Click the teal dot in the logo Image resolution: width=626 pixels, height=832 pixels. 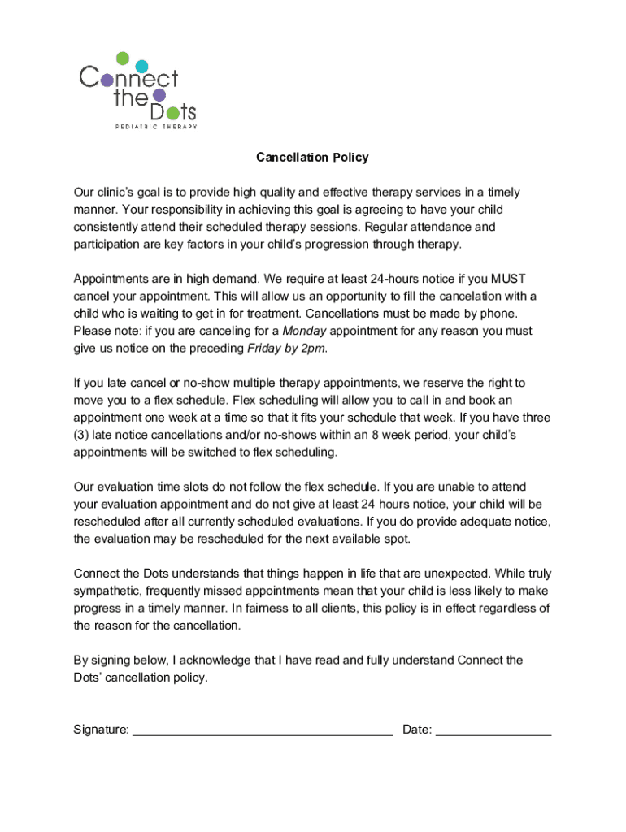tap(141, 66)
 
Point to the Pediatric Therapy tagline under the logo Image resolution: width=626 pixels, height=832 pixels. tap(154, 126)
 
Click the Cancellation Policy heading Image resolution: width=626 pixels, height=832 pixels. tap(312, 157)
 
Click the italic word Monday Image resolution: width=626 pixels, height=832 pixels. tap(304, 331)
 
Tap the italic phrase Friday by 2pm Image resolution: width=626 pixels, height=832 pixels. tap(286, 349)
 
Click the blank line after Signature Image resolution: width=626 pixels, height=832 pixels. tap(262, 730)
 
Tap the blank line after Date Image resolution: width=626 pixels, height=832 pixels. tap(493, 730)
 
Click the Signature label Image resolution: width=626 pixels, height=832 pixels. tap(101, 730)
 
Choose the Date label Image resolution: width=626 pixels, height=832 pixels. tap(417, 730)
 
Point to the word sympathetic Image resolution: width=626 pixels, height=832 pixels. tap(108, 591)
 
